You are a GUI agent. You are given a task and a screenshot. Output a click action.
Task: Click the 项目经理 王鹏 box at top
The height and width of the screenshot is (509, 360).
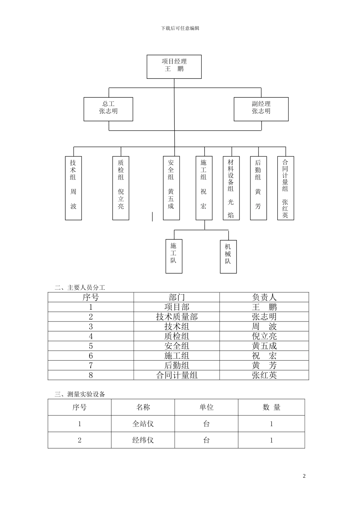(x=174, y=67)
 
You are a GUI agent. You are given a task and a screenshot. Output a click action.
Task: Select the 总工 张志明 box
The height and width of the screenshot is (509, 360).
(x=108, y=109)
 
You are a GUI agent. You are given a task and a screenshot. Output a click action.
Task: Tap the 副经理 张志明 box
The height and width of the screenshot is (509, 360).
(x=261, y=109)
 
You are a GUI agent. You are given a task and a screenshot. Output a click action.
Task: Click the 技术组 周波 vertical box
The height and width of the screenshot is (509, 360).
(x=73, y=188)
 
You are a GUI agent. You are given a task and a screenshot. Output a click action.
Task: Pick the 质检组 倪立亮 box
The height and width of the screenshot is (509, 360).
(x=121, y=188)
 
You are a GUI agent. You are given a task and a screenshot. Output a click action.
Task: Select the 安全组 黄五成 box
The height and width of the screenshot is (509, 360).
(x=171, y=188)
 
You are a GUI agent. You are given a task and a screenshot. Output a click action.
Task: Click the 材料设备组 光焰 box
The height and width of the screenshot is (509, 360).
(x=231, y=188)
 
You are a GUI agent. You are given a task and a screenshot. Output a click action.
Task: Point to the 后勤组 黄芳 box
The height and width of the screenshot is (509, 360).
(x=258, y=188)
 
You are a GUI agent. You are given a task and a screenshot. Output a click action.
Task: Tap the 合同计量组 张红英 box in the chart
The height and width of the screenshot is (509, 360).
(x=285, y=188)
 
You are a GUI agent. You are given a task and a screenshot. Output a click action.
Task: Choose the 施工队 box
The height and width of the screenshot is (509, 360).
(x=174, y=256)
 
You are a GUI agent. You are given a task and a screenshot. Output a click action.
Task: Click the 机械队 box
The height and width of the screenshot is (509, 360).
(x=228, y=256)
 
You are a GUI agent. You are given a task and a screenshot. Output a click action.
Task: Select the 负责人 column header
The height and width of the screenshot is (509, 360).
(x=264, y=297)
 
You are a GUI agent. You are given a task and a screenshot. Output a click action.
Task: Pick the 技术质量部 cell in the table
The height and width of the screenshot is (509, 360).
(x=177, y=317)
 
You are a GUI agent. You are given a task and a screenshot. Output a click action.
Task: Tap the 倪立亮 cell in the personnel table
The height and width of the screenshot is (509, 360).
(x=264, y=336)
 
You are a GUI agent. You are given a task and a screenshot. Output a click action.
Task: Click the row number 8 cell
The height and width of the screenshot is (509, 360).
(x=91, y=375)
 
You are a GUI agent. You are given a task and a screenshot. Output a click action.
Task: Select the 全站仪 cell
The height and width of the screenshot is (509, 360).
(x=143, y=424)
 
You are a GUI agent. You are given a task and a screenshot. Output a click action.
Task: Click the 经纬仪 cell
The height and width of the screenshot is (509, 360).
(x=143, y=440)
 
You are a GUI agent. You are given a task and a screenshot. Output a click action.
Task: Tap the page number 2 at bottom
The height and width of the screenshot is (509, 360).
(x=304, y=476)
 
